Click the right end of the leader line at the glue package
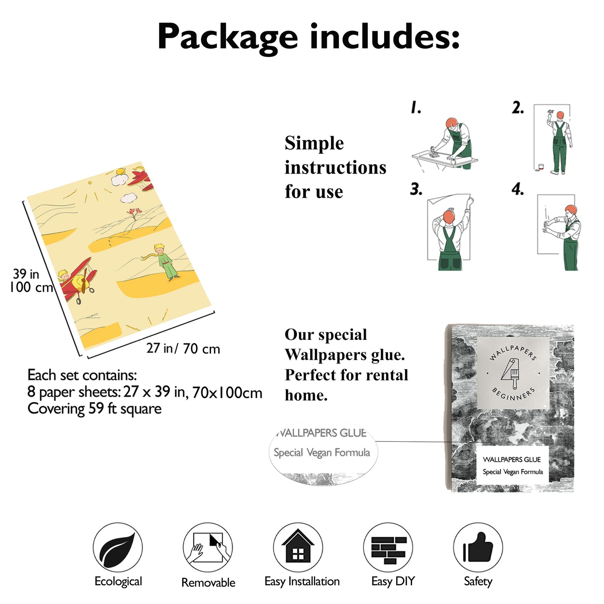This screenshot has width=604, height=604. coord(491,442)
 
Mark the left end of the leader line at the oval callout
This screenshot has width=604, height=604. coord(375,441)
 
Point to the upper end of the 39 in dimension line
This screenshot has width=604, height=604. coord(23,201)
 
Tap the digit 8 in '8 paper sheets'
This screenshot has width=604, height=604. coord(31,392)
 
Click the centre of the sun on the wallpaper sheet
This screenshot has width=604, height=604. coord(90,182)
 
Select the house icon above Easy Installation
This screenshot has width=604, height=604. coord(298,547)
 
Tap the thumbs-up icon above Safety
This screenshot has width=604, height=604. coord(478,547)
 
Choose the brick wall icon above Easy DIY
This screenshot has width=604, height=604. coord(388,547)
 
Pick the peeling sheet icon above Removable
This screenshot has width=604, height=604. coord(208,547)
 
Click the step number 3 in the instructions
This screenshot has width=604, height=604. coord(415,189)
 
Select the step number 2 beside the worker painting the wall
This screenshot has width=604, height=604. coord(517,107)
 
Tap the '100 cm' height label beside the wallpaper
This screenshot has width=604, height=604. coord(31,287)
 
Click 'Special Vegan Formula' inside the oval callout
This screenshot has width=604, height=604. coord(322,453)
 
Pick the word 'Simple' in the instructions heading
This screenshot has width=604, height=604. coord(314,143)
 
